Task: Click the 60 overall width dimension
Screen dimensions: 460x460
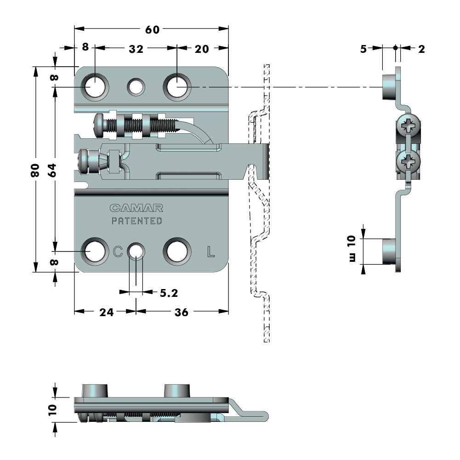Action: (x=152, y=29)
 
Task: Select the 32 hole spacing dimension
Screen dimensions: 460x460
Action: (x=136, y=49)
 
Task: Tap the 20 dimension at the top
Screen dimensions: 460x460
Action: (x=202, y=49)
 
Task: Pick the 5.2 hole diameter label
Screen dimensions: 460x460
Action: (x=169, y=292)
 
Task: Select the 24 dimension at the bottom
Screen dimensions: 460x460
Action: (x=106, y=312)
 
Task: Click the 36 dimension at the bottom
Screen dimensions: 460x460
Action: (x=182, y=312)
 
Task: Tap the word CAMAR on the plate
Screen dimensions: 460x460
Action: (x=136, y=208)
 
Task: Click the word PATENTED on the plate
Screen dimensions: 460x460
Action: (x=137, y=221)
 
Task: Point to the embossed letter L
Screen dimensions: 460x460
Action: (x=210, y=251)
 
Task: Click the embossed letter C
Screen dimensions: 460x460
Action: (x=118, y=251)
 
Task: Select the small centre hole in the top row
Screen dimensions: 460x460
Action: (x=136, y=86)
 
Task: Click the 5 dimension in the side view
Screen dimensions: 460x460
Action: (x=363, y=49)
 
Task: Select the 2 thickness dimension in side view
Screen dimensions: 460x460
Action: (x=421, y=49)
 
